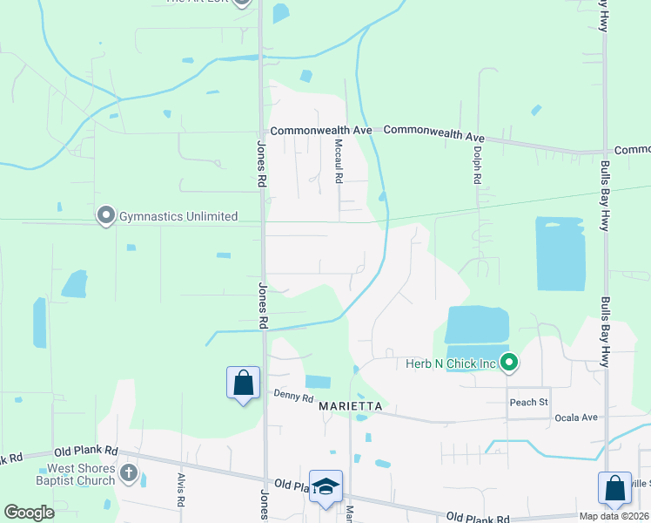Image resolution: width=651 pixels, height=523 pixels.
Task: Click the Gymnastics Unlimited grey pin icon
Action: [106, 215]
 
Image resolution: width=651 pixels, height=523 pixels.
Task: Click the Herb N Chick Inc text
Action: [449, 363]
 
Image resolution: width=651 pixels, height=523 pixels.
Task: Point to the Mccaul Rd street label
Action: [339, 162]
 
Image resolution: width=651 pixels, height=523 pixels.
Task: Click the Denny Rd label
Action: [292, 397]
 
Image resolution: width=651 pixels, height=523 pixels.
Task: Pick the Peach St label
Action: [528, 402]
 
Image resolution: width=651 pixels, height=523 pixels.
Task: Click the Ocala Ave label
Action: [576, 418]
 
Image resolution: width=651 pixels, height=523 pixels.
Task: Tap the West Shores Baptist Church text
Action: [75, 474]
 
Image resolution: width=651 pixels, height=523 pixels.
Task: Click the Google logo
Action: [29, 513]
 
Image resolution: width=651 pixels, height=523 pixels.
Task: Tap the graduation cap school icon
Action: [325, 487]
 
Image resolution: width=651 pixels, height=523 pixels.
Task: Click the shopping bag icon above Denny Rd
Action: [243, 383]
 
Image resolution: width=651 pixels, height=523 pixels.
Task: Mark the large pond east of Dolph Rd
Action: [560, 254]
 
